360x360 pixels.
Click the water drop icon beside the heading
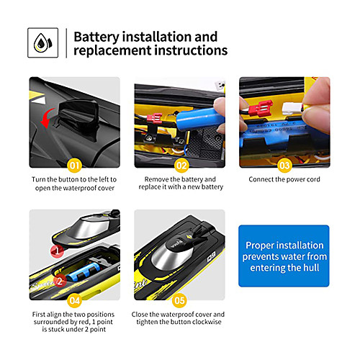tap(42, 42)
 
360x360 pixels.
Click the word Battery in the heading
tap(96, 37)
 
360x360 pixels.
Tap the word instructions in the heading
tap(191, 50)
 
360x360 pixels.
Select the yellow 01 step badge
tap(74, 166)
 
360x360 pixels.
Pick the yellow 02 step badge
tap(181, 166)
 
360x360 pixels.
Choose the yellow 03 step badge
tap(284, 166)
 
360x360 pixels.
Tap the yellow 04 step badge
tap(74, 300)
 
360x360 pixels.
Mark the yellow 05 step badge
tap(179, 300)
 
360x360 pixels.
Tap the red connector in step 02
tap(154, 118)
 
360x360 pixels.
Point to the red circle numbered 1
tap(57, 251)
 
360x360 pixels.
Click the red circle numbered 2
tap(60, 281)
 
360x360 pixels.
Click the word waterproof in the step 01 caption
tap(78, 188)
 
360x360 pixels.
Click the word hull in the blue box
tap(311, 267)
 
